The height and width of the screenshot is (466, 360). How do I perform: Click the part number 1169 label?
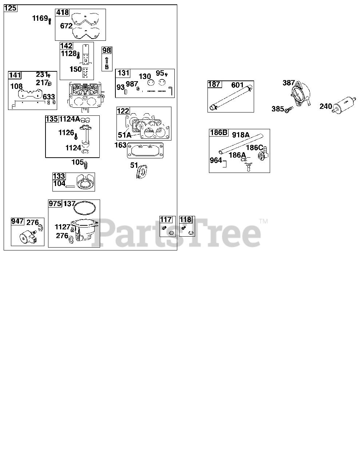click(40, 18)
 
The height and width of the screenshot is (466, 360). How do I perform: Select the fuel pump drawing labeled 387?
click(301, 94)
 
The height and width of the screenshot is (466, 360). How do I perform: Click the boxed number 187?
click(214, 84)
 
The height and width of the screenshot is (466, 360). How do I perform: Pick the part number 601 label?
click(237, 85)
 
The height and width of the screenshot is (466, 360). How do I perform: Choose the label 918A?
click(241, 135)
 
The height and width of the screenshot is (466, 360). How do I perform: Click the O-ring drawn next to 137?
click(84, 208)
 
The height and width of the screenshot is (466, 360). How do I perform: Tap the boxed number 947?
click(17, 221)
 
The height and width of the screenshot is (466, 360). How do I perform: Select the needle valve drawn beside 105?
click(86, 165)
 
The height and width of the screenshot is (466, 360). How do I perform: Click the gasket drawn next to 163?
click(145, 150)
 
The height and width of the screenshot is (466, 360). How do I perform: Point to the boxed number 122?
click(123, 111)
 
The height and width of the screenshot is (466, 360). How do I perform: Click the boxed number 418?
click(62, 12)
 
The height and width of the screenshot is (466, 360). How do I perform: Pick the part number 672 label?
click(66, 26)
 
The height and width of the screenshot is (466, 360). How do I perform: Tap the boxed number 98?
click(107, 50)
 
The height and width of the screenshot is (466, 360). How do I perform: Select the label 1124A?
click(70, 119)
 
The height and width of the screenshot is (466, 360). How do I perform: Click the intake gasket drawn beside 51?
click(142, 171)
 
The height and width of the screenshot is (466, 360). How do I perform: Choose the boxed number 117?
click(166, 220)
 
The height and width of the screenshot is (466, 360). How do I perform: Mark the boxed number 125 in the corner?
click(10, 8)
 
